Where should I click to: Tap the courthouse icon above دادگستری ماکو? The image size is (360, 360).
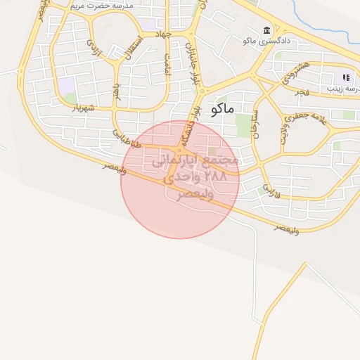(266, 30)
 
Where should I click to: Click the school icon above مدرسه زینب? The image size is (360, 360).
(346, 77)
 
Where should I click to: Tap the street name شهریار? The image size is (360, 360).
(83, 108)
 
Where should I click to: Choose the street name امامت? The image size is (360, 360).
(168, 65)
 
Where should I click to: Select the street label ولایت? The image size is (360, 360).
(284, 134)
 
